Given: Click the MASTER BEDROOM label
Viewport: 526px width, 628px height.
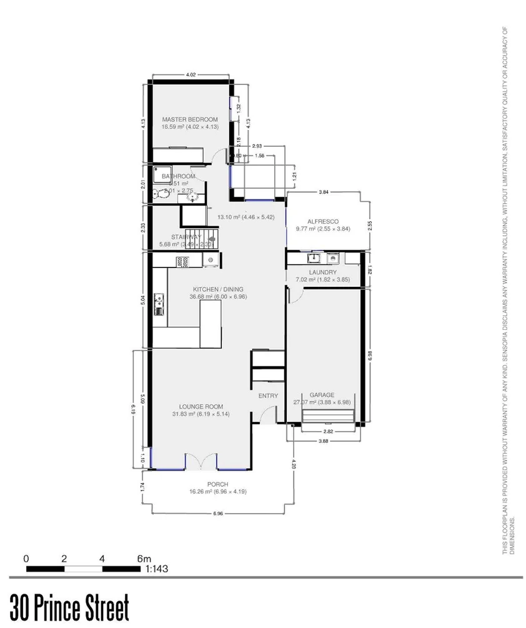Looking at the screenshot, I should click(189, 119).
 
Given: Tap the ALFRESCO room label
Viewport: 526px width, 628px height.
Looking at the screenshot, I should click(322, 221).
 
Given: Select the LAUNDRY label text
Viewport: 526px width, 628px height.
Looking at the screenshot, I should click(323, 272).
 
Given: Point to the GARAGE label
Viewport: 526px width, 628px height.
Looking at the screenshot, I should click(323, 395).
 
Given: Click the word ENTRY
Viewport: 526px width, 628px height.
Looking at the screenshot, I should click(268, 396).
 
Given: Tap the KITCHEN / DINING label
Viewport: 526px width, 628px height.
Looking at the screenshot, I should click(218, 289).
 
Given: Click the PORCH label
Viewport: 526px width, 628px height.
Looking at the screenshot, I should click(218, 484).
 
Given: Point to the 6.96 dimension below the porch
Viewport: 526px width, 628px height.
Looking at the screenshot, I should click(218, 514).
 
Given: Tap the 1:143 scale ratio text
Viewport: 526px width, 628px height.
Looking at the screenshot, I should click(157, 569).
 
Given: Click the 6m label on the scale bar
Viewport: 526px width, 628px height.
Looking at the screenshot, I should click(144, 558).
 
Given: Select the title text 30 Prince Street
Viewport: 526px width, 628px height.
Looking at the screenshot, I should click(69, 607).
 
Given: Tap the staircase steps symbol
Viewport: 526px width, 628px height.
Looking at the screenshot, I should click(209, 237).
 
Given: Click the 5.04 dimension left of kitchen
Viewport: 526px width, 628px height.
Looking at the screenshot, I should click(143, 299).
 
